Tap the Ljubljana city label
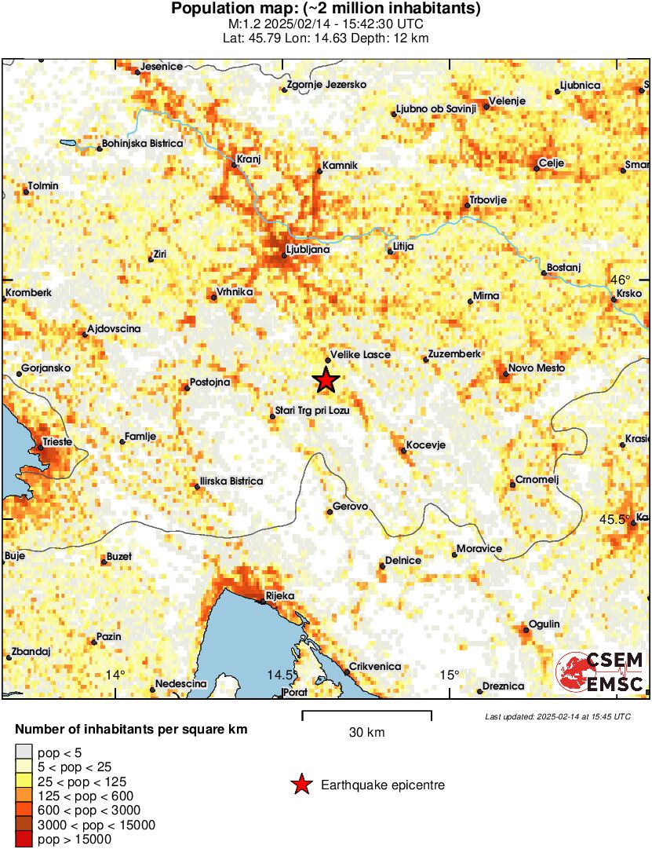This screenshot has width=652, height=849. pos(307,250)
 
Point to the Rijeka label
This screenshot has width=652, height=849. pos(280,596)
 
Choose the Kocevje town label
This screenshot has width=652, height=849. pos(427,445)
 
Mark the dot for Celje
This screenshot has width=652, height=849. pos(534,169)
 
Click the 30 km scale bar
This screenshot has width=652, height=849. pos(366,713)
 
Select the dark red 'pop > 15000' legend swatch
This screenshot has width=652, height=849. pos(24,840)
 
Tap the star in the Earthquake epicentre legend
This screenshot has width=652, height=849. pos(301,784)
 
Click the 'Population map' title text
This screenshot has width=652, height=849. pos(326,9)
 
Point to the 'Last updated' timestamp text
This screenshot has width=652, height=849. pos(557,716)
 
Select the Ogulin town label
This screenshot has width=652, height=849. pos(545,624)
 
